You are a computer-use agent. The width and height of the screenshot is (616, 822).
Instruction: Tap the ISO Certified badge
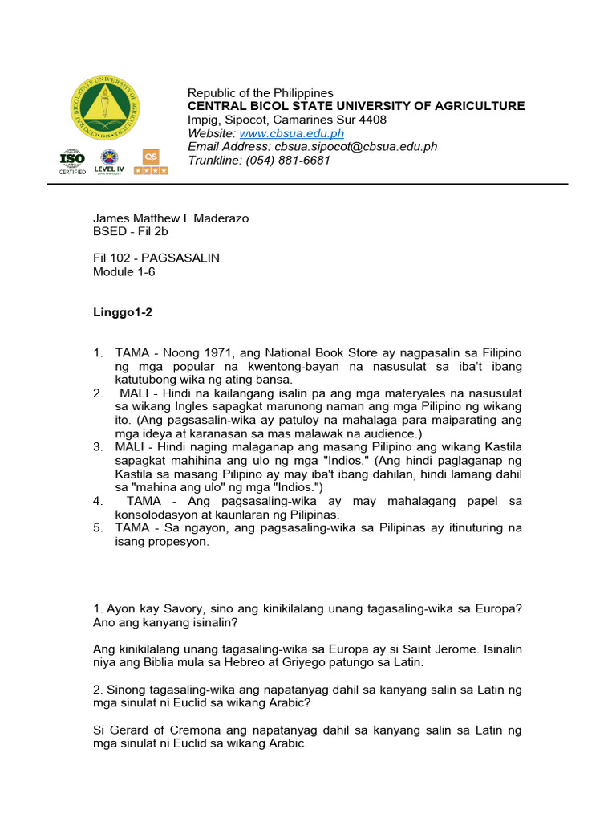tap(72, 161)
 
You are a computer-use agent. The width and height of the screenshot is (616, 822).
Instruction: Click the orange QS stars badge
tap(151, 161)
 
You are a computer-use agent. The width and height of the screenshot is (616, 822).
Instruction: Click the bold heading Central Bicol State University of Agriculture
tap(356, 106)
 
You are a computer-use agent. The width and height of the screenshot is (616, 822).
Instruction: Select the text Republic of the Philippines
tap(260, 93)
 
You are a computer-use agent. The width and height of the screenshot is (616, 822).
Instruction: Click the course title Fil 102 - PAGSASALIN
tap(156, 258)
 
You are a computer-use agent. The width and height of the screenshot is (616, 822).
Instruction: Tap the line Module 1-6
tap(124, 272)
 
